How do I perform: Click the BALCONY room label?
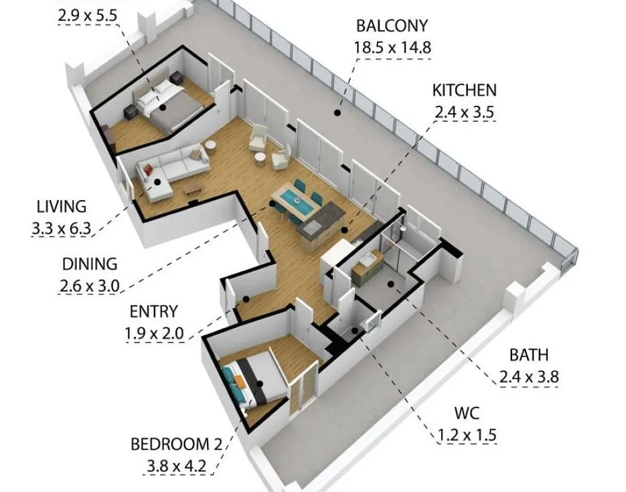tap(391, 27)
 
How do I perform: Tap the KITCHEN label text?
tap(464, 90)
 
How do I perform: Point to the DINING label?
tap(89, 264)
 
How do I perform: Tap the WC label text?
tap(467, 413)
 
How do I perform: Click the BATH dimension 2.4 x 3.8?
tap(528, 378)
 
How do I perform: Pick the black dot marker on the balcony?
tap(338, 113)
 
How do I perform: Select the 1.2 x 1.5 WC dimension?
tap(467, 436)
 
